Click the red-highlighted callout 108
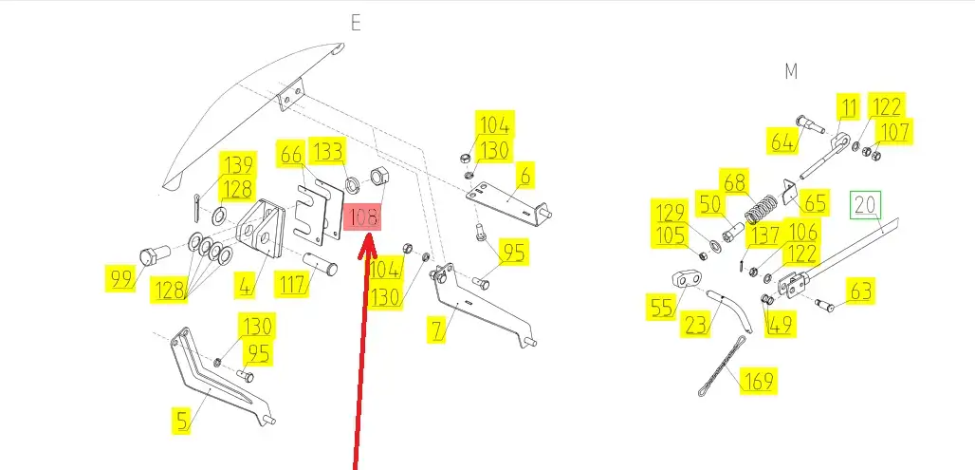click(362, 217)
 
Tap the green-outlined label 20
click(866, 205)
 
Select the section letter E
click(356, 23)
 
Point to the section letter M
click(791, 71)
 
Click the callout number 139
click(237, 165)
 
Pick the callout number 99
click(121, 279)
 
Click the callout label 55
click(663, 307)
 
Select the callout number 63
click(860, 291)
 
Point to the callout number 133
click(327, 152)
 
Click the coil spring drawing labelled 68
click(761, 209)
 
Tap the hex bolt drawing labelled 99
click(155, 255)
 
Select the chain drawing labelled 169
click(723, 367)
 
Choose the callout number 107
click(893, 132)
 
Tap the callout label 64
click(782, 141)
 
